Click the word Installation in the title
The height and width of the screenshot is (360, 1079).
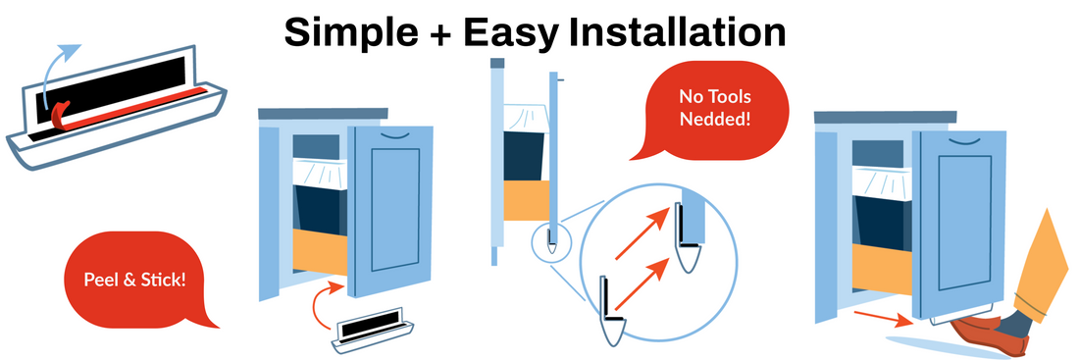pos(677,31)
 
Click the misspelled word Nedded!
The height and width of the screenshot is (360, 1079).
pos(714,119)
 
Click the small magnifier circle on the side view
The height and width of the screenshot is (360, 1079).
pos(551,242)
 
